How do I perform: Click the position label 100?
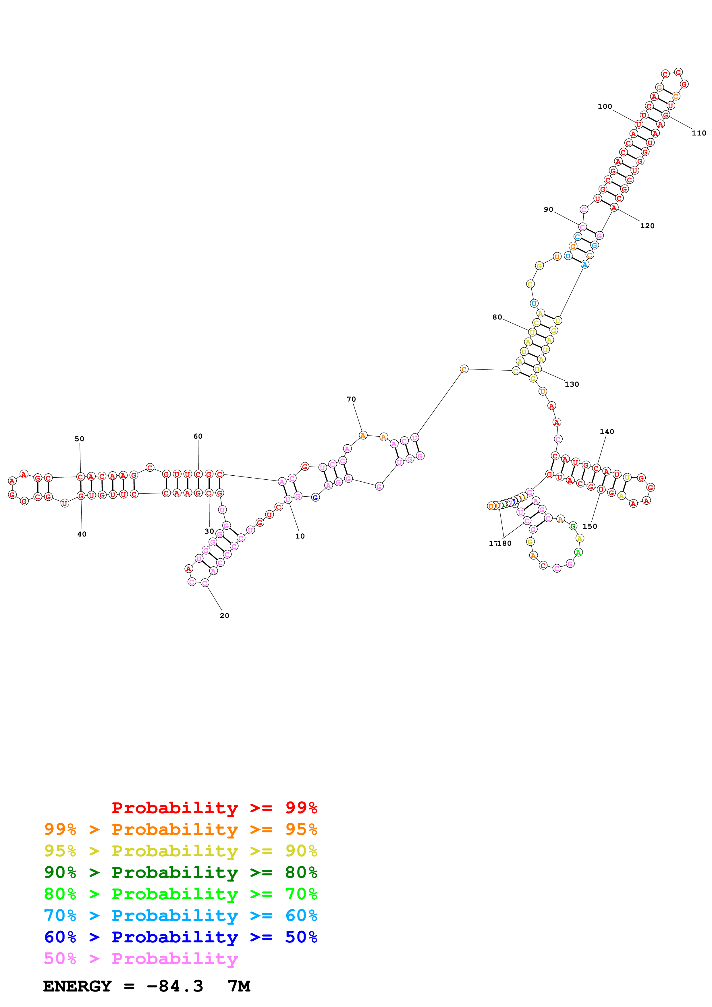(605, 106)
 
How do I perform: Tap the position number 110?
(699, 133)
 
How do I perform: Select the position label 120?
(647, 226)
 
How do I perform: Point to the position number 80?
(497, 317)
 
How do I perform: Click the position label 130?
(572, 384)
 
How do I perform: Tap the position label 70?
(351, 399)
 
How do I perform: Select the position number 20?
(224, 615)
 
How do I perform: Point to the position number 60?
(198, 436)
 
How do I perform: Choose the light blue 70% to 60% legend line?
(180, 915)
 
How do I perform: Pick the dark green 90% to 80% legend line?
(180, 872)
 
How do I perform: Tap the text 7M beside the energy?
(239, 986)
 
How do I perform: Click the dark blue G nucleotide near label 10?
(315, 498)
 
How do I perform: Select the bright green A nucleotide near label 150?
(578, 553)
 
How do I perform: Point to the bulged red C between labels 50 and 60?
(150, 468)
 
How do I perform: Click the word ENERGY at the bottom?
(77, 986)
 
